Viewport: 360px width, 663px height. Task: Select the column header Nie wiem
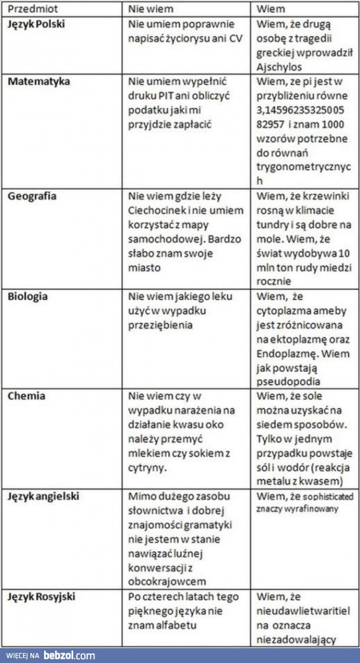pos(151,9)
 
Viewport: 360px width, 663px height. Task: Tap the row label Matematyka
pos(38,81)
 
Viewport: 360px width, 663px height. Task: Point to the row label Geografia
pos(32,196)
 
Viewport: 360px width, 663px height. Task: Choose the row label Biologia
pos(28,296)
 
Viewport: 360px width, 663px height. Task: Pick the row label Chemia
pos(25,396)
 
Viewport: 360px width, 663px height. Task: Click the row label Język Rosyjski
pos(42,597)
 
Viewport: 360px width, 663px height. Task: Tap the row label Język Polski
pos(37,24)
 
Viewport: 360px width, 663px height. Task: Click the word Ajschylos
pos(281,67)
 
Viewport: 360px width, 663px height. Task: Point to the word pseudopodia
pos(290,382)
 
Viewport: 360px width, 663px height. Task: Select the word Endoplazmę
pos(285,353)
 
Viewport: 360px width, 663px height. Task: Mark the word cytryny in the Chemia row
pos(149,467)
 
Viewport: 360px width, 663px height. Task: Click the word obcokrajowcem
pos(168,582)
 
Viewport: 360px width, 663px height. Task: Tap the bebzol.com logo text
pos(69,655)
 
